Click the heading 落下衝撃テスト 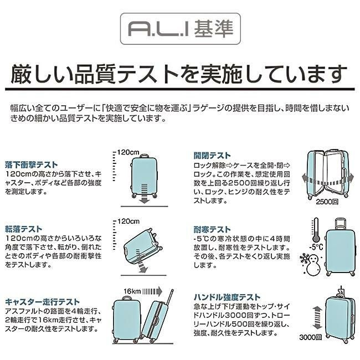coord(31,164)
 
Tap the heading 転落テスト coord(23,228)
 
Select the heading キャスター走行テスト coord(42,302)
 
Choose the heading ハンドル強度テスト coord(226,297)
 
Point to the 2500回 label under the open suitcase coord(327,203)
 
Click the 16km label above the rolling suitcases coord(133,291)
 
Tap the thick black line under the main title coord(179,88)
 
